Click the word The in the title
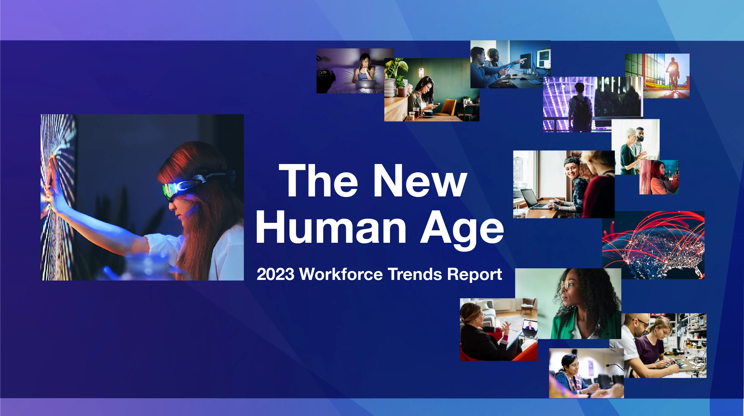pos(318,181)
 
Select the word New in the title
pos(420,181)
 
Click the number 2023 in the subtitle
pos(275,274)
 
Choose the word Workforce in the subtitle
pos(341,274)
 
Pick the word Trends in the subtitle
pos(415,274)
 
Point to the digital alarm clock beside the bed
pos(323,72)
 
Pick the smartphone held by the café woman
pos(437,104)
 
